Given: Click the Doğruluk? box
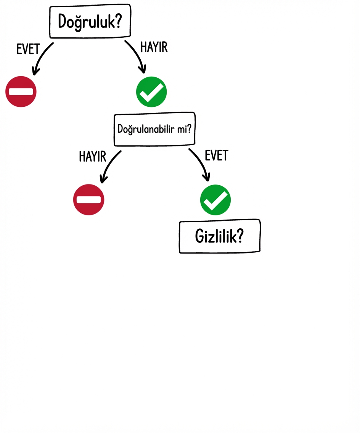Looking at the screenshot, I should click(x=90, y=22).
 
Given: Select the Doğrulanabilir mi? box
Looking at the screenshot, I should click(x=154, y=129).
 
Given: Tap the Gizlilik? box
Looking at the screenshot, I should click(x=220, y=236).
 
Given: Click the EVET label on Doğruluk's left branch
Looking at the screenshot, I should click(x=28, y=50).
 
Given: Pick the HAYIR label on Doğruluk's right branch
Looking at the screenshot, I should click(x=154, y=47).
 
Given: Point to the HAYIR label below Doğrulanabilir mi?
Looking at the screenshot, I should click(x=92, y=156).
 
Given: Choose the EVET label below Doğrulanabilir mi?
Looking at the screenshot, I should click(x=216, y=156).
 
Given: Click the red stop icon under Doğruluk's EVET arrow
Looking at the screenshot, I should click(x=21, y=91).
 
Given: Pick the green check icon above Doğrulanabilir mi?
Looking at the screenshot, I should click(x=151, y=91).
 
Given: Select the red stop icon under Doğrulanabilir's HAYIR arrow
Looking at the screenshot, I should click(x=88, y=199).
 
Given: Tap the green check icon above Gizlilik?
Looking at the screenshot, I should click(x=215, y=199).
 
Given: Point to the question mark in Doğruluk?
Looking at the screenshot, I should click(x=117, y=22).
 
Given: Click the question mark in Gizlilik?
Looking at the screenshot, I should click(x=240, y=236).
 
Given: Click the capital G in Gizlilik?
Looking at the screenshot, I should click(x=199, y=237).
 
